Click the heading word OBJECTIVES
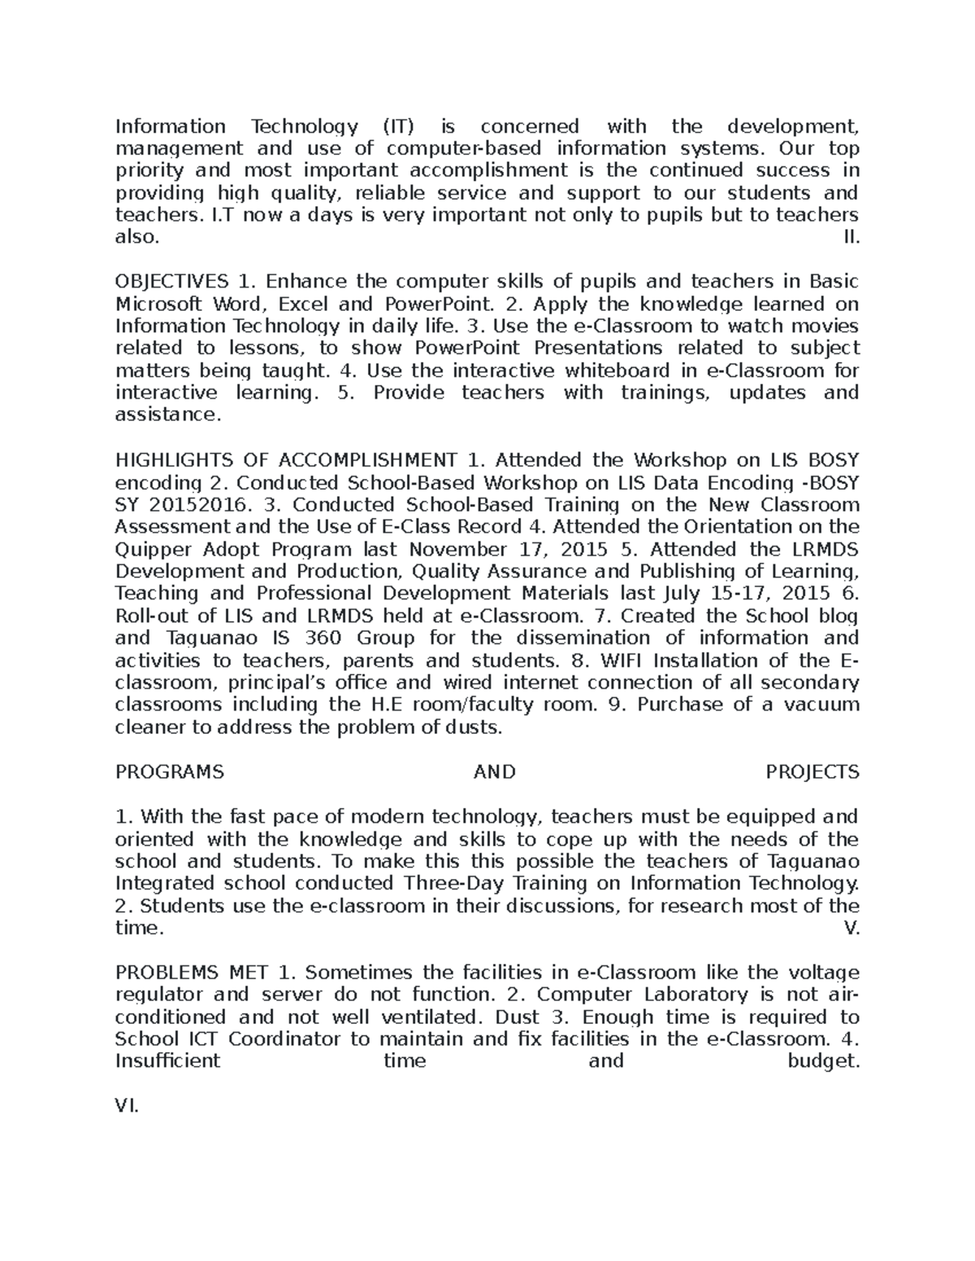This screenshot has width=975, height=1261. click(171, 282)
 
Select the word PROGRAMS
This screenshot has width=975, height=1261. click(170, 772)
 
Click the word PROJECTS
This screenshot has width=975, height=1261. click(812, 772)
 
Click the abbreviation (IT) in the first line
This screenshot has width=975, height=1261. click(397, 127)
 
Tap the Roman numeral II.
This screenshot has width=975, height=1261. click(852, 238)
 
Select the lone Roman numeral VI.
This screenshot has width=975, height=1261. click(128, 1106)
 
